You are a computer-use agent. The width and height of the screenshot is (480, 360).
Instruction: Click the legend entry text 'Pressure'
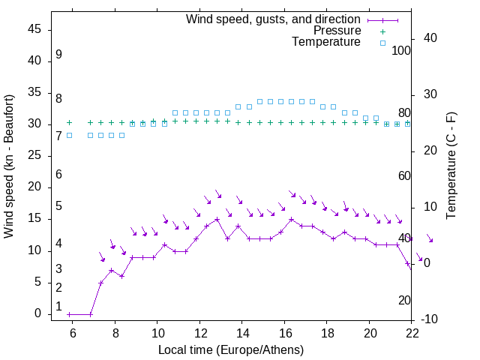click(x=337, y=31)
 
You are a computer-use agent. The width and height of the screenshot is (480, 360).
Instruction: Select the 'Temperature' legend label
click(x=326, y=42)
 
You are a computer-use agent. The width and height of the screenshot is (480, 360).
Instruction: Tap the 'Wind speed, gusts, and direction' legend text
click(x=274, y=19)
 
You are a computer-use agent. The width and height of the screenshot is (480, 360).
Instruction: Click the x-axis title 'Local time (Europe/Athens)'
click(x=231, y=350)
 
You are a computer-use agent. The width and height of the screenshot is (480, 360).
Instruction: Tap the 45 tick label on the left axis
click(x=34, y=29)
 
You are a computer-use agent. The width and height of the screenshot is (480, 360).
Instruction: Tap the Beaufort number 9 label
click(x=58, y=55)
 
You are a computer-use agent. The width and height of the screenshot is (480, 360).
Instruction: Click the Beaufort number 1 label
click(x=58, y=306)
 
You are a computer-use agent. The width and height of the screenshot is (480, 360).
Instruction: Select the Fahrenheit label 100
click(x=401, y=50)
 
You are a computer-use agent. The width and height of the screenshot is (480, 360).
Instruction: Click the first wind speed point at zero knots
click(x=69, y=314)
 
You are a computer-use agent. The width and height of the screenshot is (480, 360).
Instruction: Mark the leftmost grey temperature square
click(x=69, y=135)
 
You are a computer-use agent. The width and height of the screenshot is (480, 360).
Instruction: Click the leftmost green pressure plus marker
click(x=69, y=122)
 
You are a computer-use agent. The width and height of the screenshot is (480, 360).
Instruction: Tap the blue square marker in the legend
click(x=382, y=43)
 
